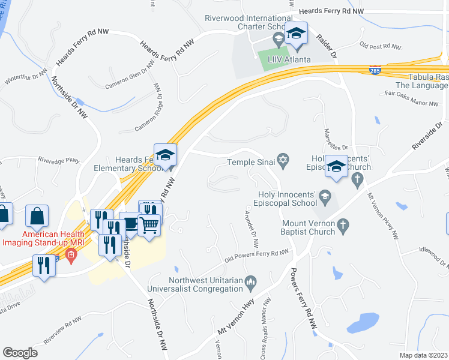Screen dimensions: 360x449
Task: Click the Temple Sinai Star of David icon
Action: pos(283,160)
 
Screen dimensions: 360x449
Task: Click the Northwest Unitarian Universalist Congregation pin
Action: pos(252,280)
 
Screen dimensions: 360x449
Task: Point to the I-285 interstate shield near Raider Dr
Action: pos(375,70)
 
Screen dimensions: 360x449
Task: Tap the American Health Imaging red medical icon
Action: pos(71,257)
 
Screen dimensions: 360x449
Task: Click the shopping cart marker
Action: pos(149,226)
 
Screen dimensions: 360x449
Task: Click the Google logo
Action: pos(20,352)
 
